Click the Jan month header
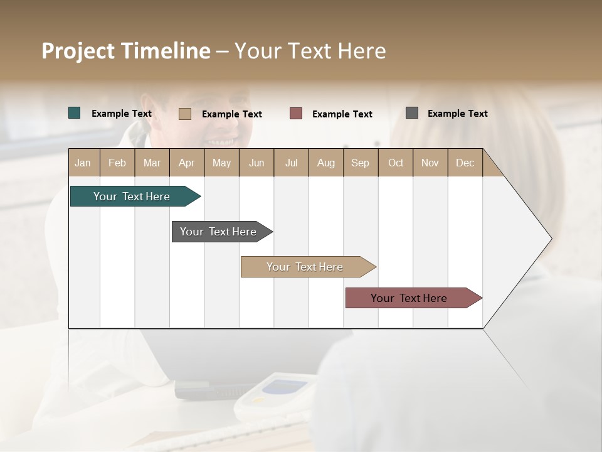[x=83, y=163]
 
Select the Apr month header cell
[x=187, y=163]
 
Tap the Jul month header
[x=291, y=163]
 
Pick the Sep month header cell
[x=361, y=163]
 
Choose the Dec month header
[x=465, y=163]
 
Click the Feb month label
[x=117, y=163]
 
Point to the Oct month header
[x=396, y=163]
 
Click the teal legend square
[x=75, y=113]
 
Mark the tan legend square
[x=185, y=114]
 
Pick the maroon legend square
[x=296, y=113]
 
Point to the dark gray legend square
[x=412, y=113]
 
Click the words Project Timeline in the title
[x=126, y=51]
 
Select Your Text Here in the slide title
[x=310, y=51]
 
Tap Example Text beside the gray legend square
[x=457, y=113]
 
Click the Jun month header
[x=256, y=163]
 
